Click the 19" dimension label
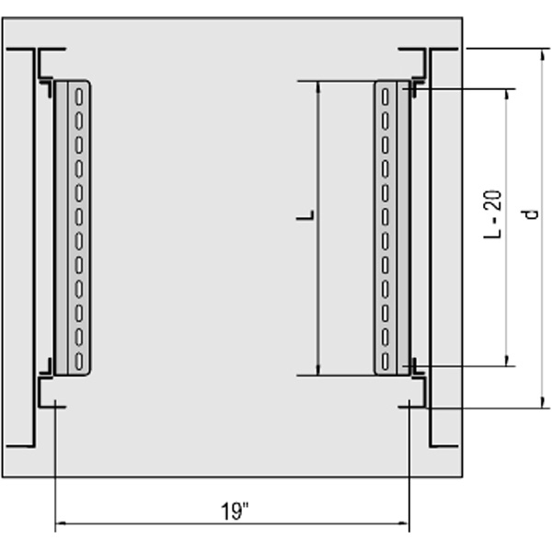[x=235, y=512]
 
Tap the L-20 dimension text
[x=493, y=214]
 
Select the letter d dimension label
[x=531, y=214]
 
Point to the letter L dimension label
[x=305, y=215]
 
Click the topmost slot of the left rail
[x=79, y=97]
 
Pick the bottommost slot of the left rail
[x=79, y=362]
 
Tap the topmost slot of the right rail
[x=385, y=97]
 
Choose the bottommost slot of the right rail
[x=385, y=362]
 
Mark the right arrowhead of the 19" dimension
[x=404, y=523]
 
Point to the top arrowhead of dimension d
[x=543, y=54]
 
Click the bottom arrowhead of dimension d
[x=543, y=403]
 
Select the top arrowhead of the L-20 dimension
[x=507, y=95]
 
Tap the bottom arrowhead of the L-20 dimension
[x=507, y=361]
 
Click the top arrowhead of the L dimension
[x=318, y=87]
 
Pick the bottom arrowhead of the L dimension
[x=318, y=370]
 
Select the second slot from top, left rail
[x=79, y=121]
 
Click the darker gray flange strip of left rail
[x=62, y=228]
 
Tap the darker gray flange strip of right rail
[x=404, y=228]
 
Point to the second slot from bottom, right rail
[x=385, y=338]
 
